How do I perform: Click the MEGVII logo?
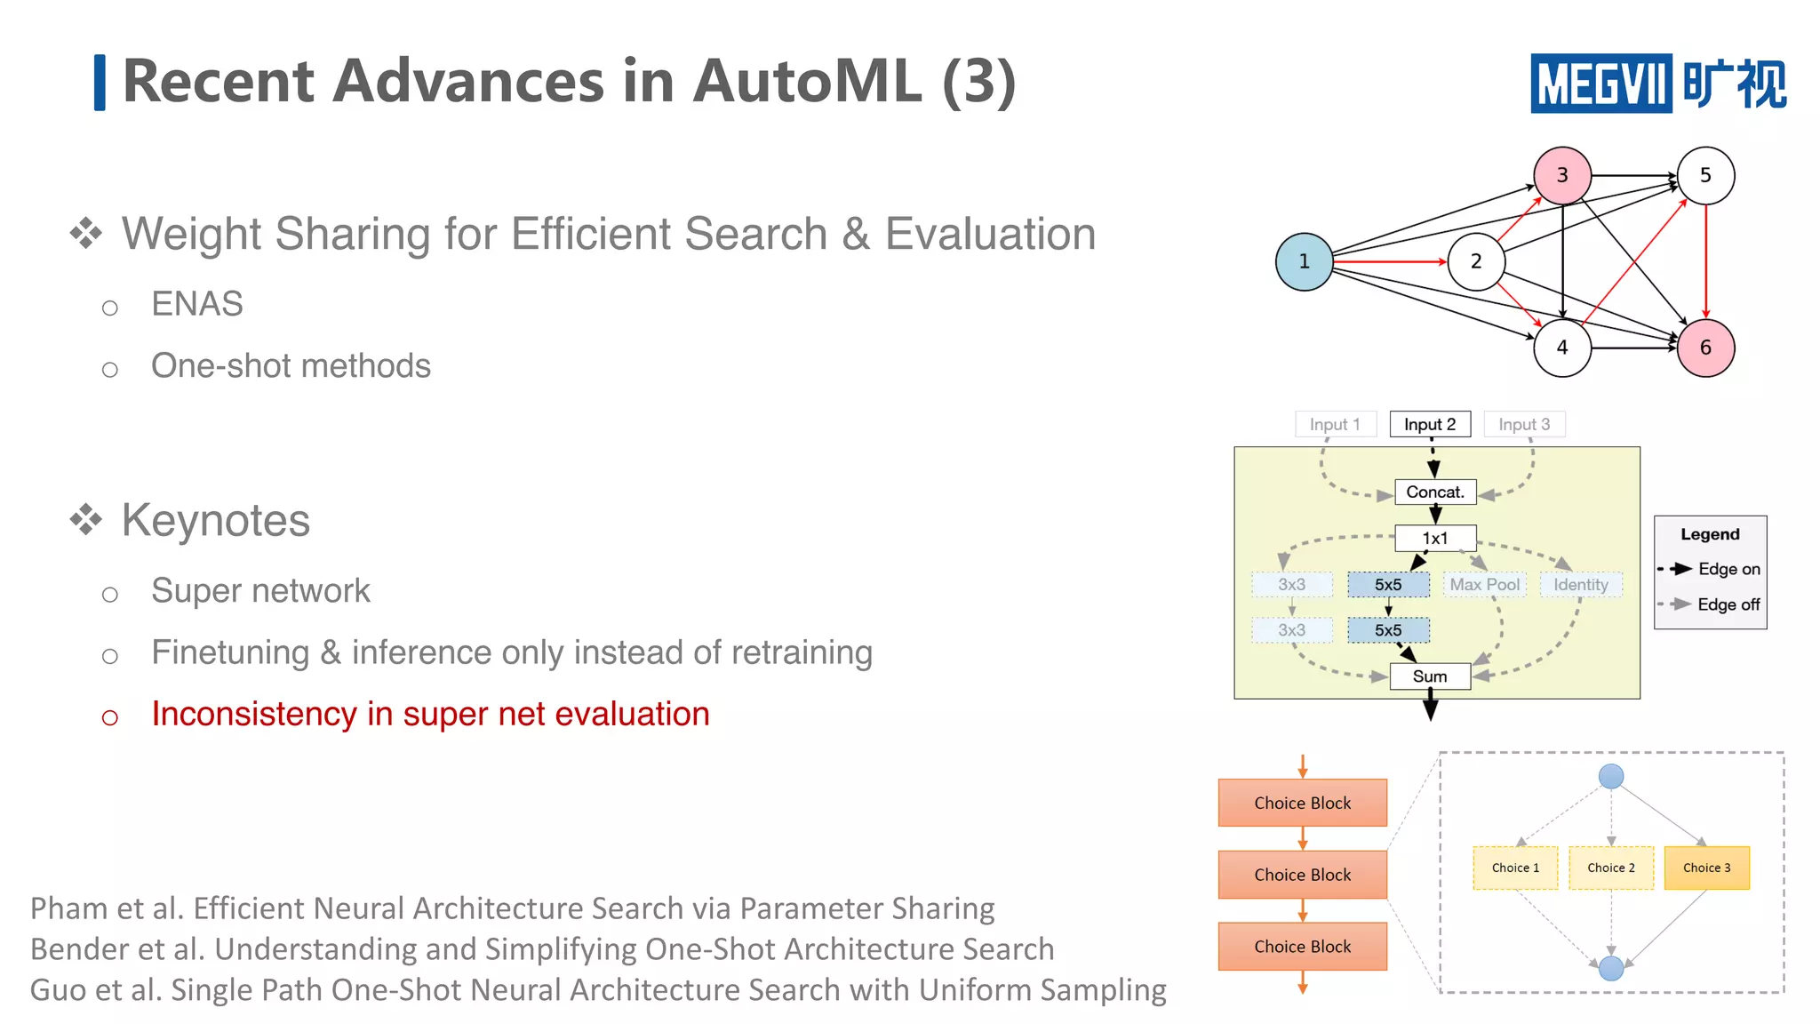pyautogui.click(x=1657, y=84)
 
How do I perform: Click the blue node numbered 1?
pyautogui.click(x=1304, y=261)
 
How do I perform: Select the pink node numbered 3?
pyautogui.click(x=1562, y=175)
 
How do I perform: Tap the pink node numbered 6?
pyautogui.click(x=1705, y=348)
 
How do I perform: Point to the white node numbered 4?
pyautogui.click(x=1562, y=348)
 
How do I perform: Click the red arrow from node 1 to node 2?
pyautogui.click(x=1390, y=262)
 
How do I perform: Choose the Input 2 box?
pyautogui.click(x=1430, y=424)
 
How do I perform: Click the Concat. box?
pyautogui.click(x=1435, y=492)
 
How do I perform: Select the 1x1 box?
pyautogui.click(x=1435, y=538)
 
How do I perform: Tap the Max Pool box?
pyautogui.click(x=1485, y=584)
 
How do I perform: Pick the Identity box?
pyautogui.click(x=1581, y=584)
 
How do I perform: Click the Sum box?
pyautogui.click(x=1430, y=676)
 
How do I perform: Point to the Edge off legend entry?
pyautogui.click(x=1728, y=604)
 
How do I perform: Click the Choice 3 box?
pyautogui.click(x=1706, y=868)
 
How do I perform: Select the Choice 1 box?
pyautogui.click(x=1515, y=868)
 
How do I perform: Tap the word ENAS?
pyautogui.click(x=197, y=304)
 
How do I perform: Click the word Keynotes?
pyautogui.click(x=216, y=521)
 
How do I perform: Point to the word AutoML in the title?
pyautogui.click(x=807, y=82)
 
